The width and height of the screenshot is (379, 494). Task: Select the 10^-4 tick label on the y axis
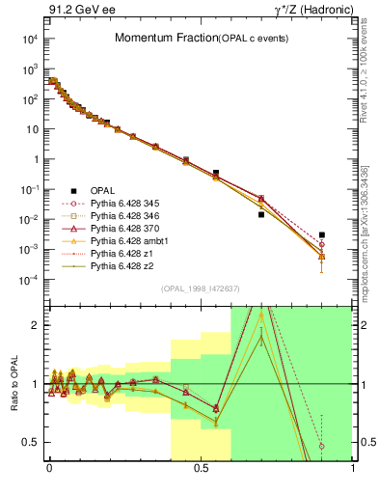pyautogui.click(x=29, y=280)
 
